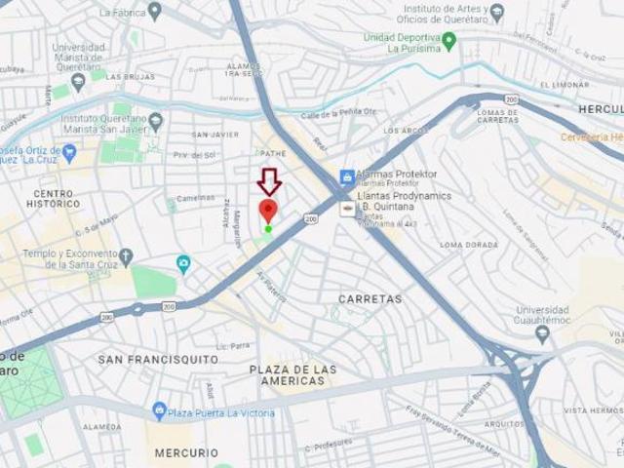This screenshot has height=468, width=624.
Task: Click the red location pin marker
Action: pos(268,211)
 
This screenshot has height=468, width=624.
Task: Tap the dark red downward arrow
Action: pos(268,181)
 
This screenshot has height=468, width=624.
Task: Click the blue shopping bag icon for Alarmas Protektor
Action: pos(346,176)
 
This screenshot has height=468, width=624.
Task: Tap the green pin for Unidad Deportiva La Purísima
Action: pos(449,41)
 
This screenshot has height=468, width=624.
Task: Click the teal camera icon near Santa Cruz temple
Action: pos(184,263)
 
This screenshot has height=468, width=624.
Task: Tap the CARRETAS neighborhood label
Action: pos(370,298)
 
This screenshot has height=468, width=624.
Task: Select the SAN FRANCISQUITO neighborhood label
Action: pos(159,360)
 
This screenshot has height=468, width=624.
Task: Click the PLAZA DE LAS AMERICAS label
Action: pos(292,375)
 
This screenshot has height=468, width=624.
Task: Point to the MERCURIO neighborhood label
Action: pos(186,452)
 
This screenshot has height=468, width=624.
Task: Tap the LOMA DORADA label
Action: pos(468,245)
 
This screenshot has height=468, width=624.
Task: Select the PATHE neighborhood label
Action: pos(273,153)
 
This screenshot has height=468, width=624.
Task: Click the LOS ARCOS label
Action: pos(405,130)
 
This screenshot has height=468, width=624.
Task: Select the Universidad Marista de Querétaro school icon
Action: pos(79,80)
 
